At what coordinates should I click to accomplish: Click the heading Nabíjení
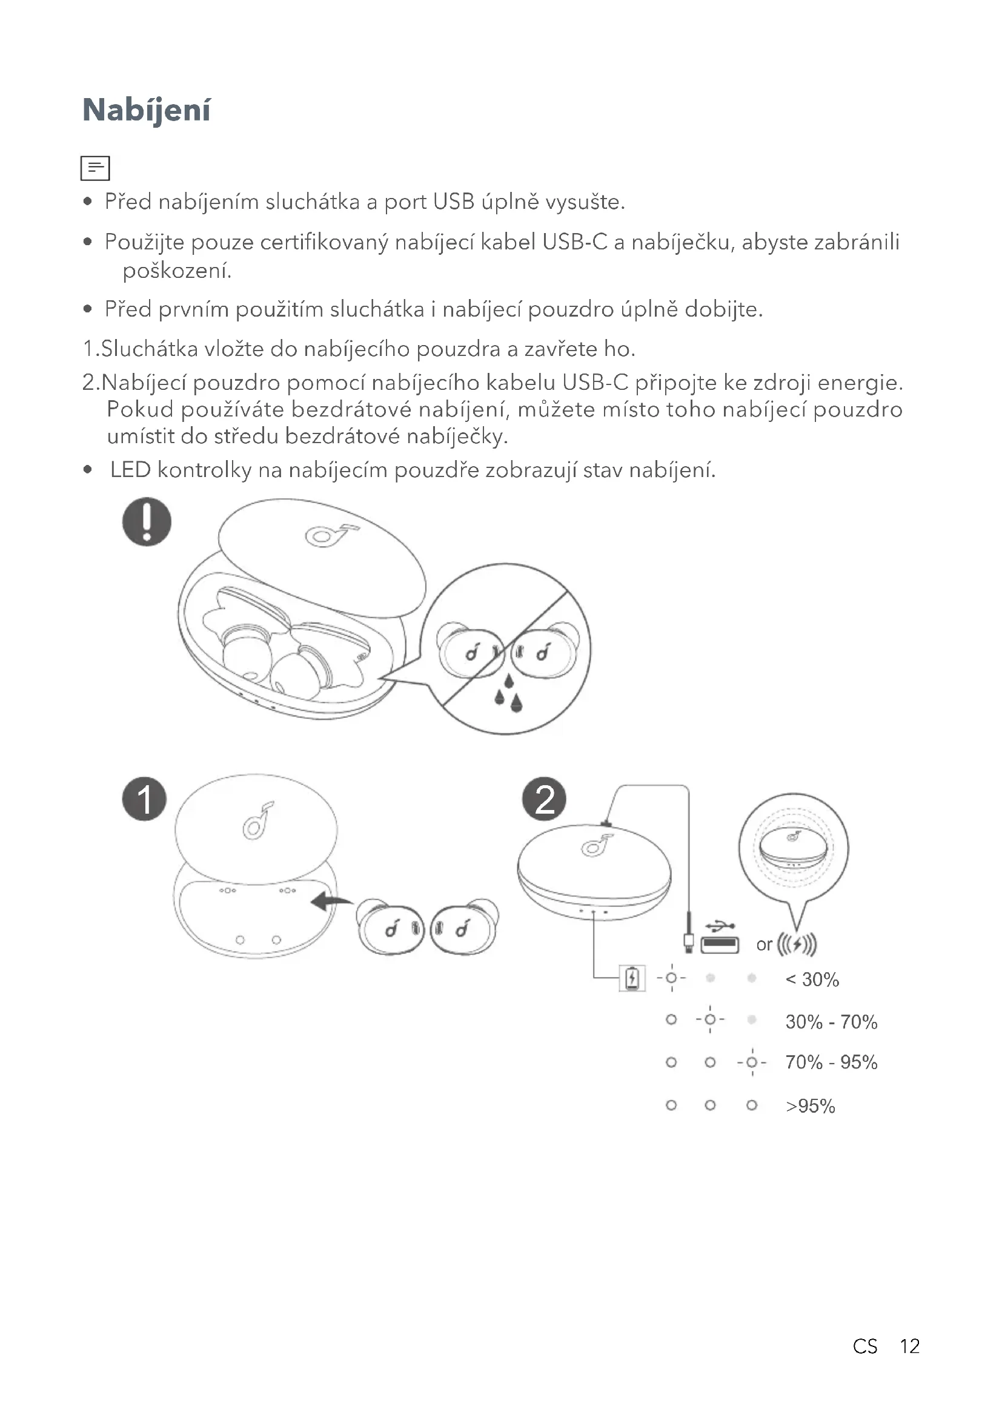coord(146,110)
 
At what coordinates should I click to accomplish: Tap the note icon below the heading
coord(95,168)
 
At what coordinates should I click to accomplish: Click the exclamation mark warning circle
coord(147,522)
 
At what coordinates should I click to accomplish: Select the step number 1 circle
coord(144,799)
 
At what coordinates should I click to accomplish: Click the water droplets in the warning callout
coord(508,693)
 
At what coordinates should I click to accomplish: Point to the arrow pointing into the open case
coord(331,901)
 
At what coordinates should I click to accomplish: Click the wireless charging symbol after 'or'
coord(797,944)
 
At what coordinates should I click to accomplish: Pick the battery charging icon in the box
coord(632,978)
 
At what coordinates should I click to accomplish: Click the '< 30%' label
coord(812,980)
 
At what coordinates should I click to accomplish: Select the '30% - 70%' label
coord(831,1022)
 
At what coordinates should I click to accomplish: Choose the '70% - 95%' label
coord(831,1062)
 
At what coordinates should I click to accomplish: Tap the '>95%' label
coord(810,1106)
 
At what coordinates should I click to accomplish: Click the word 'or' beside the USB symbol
coord(764,945)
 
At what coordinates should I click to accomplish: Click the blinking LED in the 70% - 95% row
coord(751,1062)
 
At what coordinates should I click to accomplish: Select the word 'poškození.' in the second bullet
coord(177,271)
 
